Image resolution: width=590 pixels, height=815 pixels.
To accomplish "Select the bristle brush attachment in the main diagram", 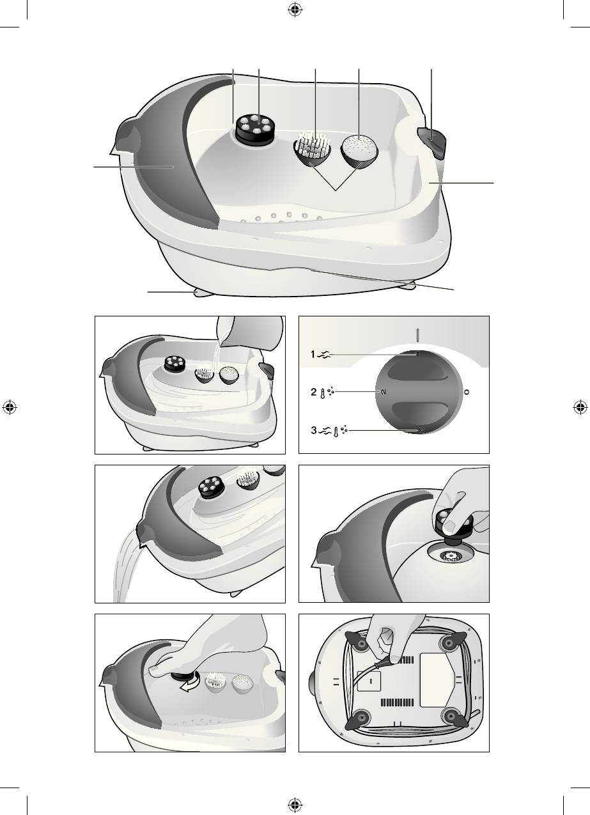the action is pyautogui.click(x=312, y=149).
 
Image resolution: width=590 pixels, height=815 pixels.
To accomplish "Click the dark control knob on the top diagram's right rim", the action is pyautogui.click(x=432, y=142).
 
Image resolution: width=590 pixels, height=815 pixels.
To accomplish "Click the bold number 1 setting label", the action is pyautogui.click(x=313, y=354).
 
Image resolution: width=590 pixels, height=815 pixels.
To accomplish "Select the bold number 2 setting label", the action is pyautogui.click(x=314, y=392).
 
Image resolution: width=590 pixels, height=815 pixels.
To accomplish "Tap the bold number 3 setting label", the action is pyautogui.click(x=314, y=430).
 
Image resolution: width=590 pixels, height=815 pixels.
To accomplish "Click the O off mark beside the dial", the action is pyautogui.click(x=467, y=392).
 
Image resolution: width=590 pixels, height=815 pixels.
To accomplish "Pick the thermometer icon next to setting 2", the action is pyautogui.click(x=322, y=393).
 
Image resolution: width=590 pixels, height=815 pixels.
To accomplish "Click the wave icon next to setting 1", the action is pyautogui.click(x=324, y=355).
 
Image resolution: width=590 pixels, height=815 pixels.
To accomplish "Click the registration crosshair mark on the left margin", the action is pyautogui.click(x=10, y=408).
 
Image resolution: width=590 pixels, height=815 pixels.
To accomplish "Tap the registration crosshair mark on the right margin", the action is pyautogui.click(x=580, y=408).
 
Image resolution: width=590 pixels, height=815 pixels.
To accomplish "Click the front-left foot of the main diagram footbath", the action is pyautogui.click(x=204, y=293).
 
